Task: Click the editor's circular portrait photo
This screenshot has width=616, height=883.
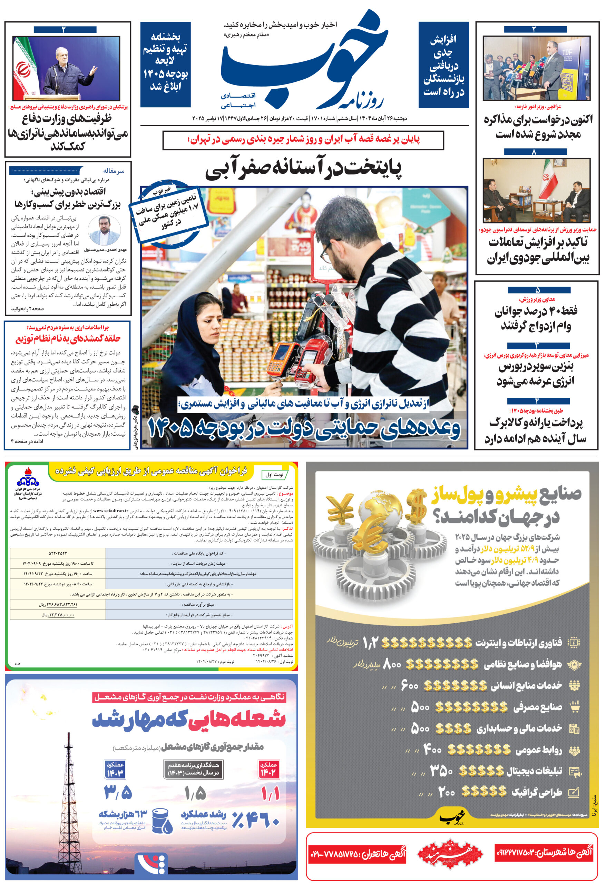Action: coord(104,231)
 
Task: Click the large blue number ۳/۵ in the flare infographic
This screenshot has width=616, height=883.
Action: coord(118,792)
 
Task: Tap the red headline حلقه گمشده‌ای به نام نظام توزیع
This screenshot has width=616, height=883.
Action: coord(68,338)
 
